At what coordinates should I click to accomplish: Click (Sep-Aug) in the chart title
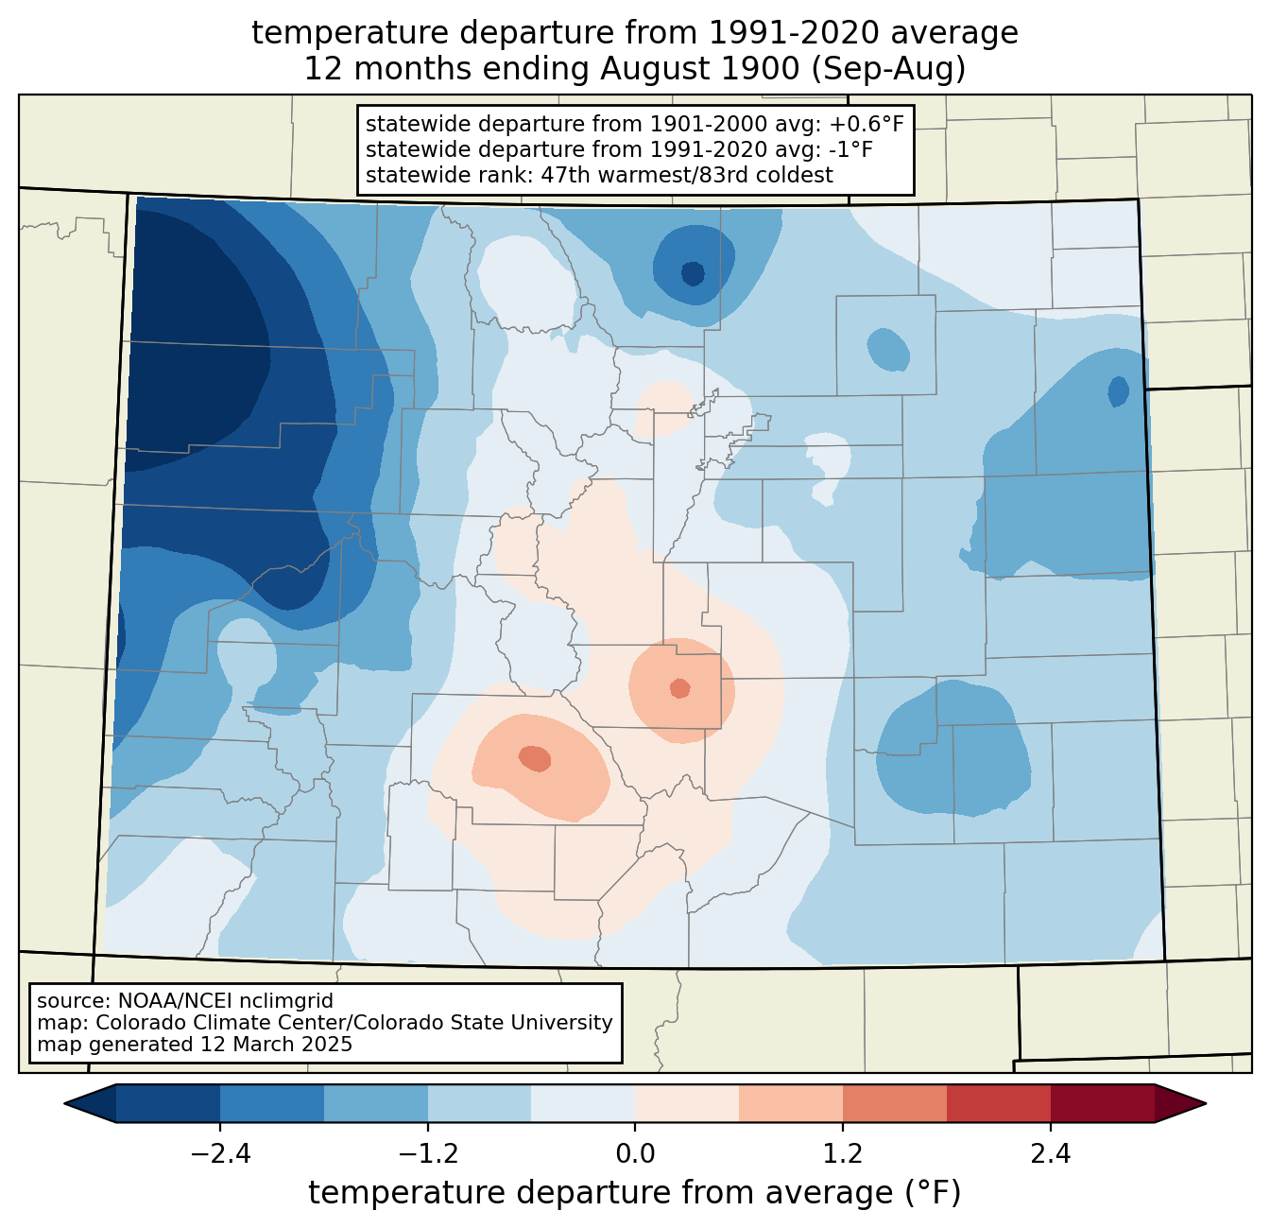[888, 69]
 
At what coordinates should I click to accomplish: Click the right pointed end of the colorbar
[1205, 1104]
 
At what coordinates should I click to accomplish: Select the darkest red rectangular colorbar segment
[1103, 1104]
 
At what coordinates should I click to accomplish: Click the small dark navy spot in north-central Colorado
[693, 273]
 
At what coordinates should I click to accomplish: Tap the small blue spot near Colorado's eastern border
[1118, 391]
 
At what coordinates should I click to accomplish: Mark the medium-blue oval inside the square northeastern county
[887, 349]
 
